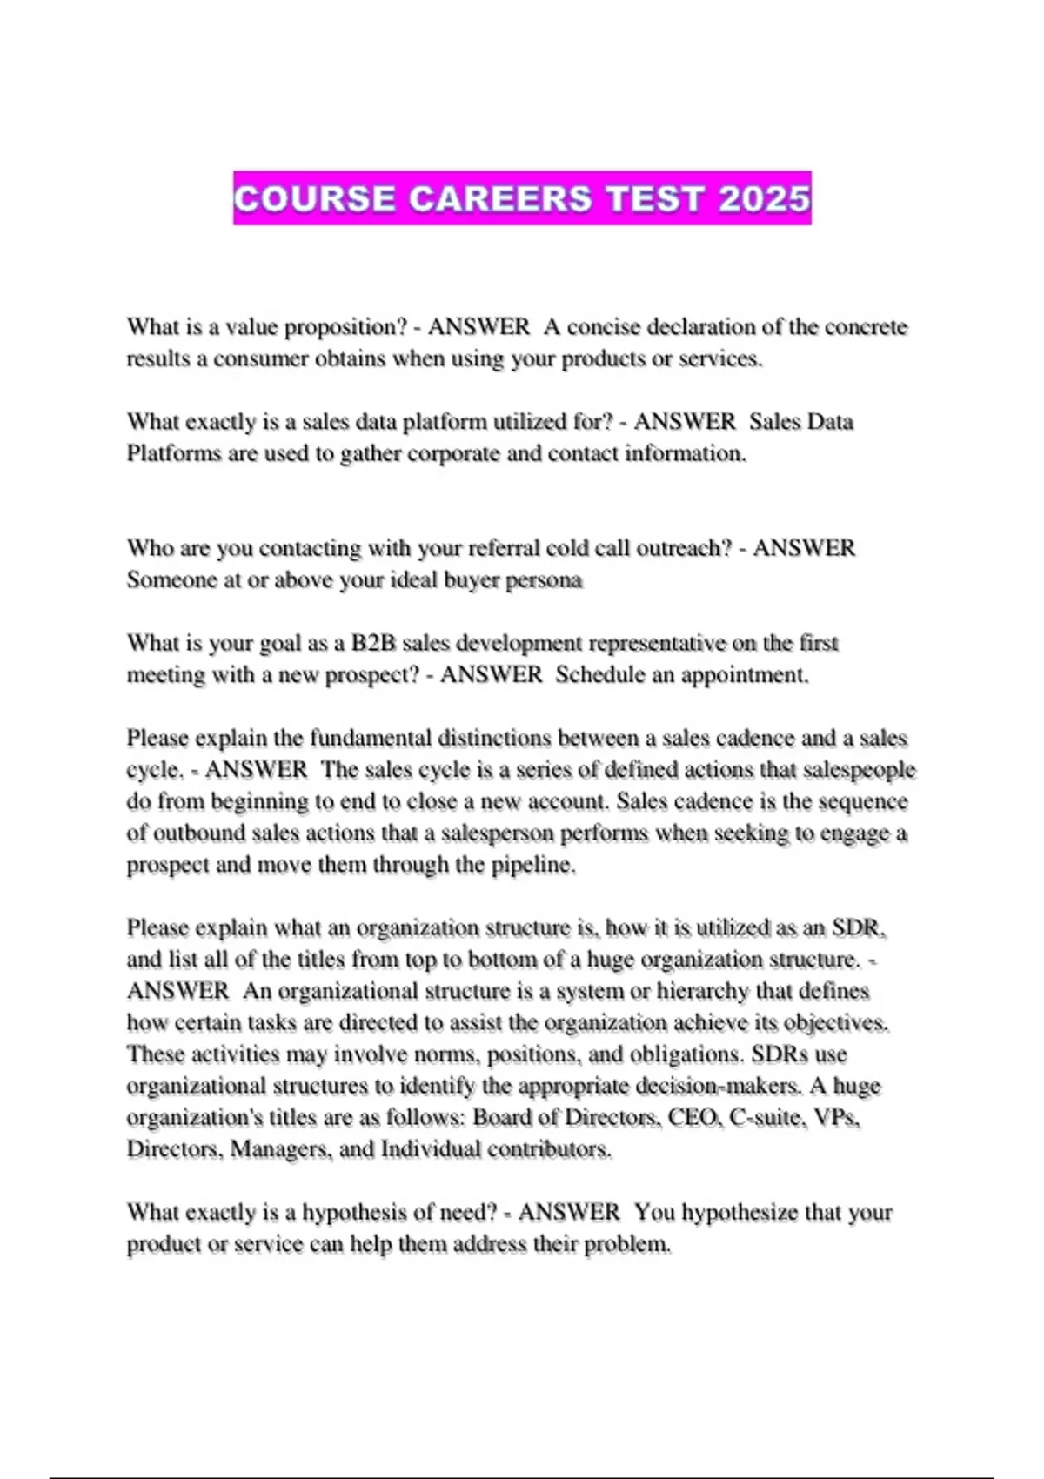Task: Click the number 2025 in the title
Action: [764, 199]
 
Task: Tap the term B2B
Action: [373, 643]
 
